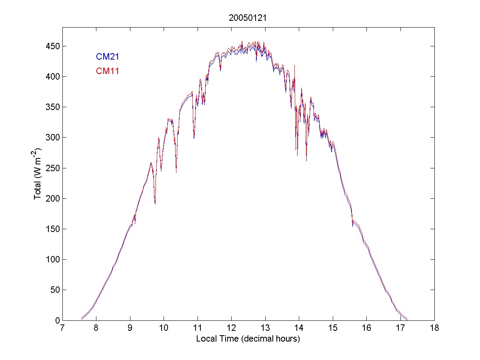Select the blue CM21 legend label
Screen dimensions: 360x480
pos(107,57)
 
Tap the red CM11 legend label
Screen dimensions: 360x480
pos(107,71)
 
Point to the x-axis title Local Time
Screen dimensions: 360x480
pos(248,339)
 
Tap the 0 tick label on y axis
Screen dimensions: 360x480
pos(57,320)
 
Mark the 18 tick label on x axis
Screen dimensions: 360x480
pos(434,328)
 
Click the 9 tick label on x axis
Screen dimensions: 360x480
pos(130,328)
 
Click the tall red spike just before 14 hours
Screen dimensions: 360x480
pos(295,66)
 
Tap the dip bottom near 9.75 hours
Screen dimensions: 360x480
pos(155,203)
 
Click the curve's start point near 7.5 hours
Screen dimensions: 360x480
pos(81,318)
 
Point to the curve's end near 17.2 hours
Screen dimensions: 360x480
pos(407,319)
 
